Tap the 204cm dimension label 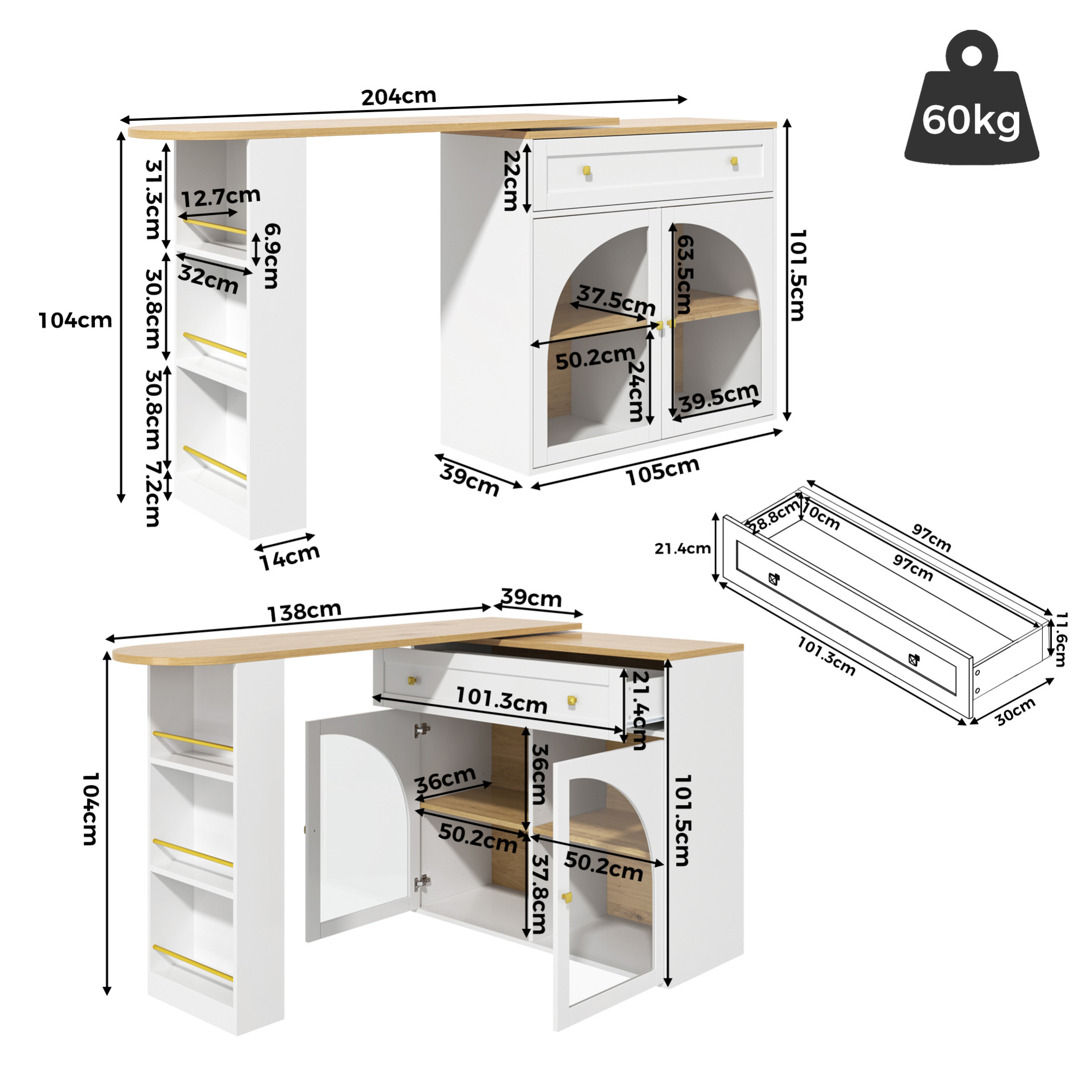(398, 96)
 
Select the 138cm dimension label (304, 612)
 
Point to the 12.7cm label (220, 196)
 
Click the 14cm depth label (290, 557)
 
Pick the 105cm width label (663, 470)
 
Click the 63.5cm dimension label (684, 274)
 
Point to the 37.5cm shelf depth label (616, 300)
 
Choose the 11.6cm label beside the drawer (1060, 639)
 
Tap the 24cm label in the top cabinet (636, 391)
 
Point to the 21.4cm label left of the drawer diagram (683, 549)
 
